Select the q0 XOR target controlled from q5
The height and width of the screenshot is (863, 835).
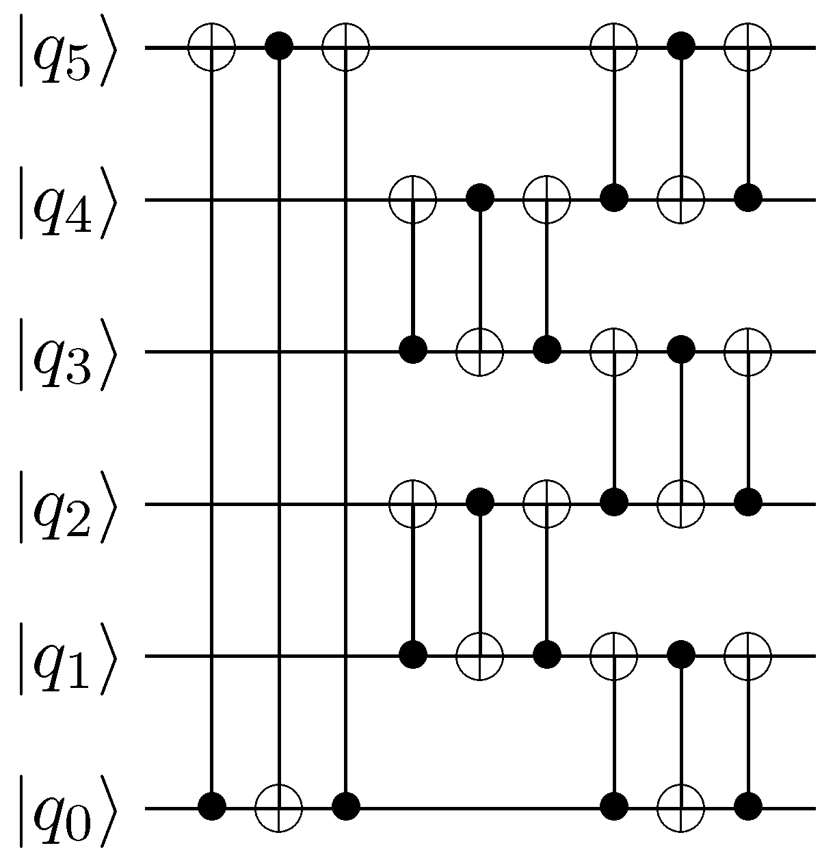coord(278,808)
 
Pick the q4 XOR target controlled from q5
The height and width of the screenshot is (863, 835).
coord(681,200)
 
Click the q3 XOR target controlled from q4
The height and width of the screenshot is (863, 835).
coord(480,351)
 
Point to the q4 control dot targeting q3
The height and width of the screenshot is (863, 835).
coord(480,200)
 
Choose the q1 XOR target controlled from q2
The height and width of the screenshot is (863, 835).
coord(480,656)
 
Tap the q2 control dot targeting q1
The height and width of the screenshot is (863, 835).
coord(480,505)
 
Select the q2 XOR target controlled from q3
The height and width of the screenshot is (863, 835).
coord(681,505)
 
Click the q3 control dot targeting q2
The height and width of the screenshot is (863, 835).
coord(681,351)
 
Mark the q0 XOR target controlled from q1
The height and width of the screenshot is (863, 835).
coord(681,808)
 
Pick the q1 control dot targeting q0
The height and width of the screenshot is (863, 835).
coord(681,656)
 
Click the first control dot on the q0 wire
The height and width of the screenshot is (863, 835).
coord(212,808)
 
